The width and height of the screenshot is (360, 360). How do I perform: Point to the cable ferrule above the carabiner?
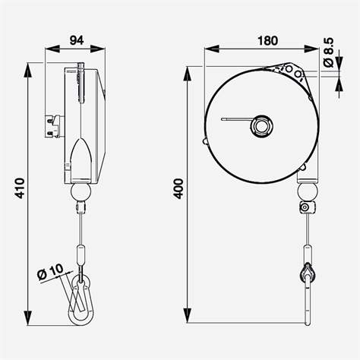point(79,254)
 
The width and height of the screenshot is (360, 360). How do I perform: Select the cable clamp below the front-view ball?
point(306,207)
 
